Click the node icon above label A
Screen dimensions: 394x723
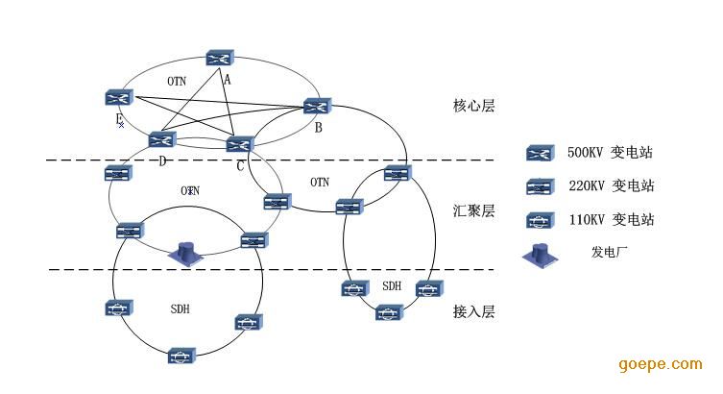pyautogui.click(x=221, y=60)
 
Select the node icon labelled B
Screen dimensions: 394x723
pyautogui.click(x=317, y=106)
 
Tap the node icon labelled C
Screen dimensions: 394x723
pyautogui.click(x=239, y=144)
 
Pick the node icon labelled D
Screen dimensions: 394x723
pyautogui.click(x=161, y=139)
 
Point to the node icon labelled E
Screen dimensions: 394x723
pyautogui.click(x=118, y=97)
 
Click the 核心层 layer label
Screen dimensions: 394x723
pyautogui.click(x=473, y=106)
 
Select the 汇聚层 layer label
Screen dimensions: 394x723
pyautogui.click(x=473, y=210)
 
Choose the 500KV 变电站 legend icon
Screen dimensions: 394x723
pyautogui.click(x=538, y=153)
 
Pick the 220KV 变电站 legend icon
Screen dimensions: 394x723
pyautogui.click(x=538, y=186)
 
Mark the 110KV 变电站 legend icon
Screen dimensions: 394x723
pyautogui.click(x=538, y=220)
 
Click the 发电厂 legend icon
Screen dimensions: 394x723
pyautogui.click(x=538, y=256)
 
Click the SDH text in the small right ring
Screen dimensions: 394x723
pyautogui.click(x=392, y=286)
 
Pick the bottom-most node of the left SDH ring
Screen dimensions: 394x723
pyautogui.click(x=181, y=356)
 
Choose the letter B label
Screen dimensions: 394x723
pyautogui.click(x=317, y=126)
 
